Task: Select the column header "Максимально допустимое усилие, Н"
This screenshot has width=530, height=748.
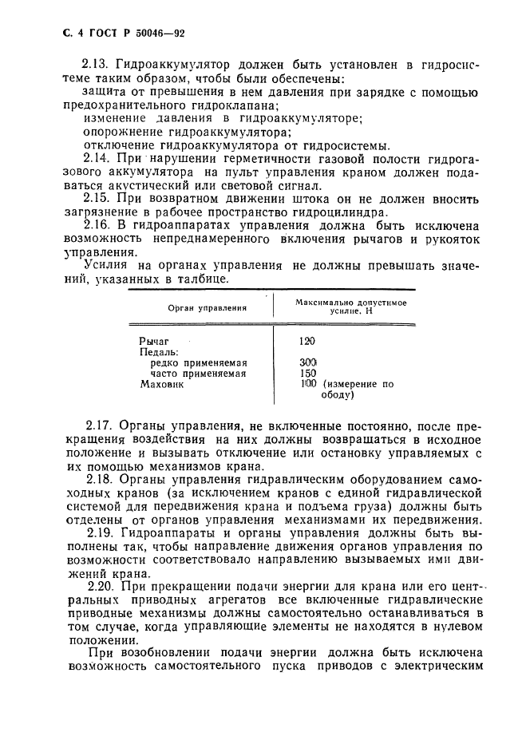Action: coord(350,307)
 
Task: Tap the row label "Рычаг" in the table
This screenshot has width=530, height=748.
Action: coord(156,341)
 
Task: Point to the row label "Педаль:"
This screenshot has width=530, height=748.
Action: coord(159,351)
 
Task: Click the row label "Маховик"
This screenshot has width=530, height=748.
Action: coord(162,383)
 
